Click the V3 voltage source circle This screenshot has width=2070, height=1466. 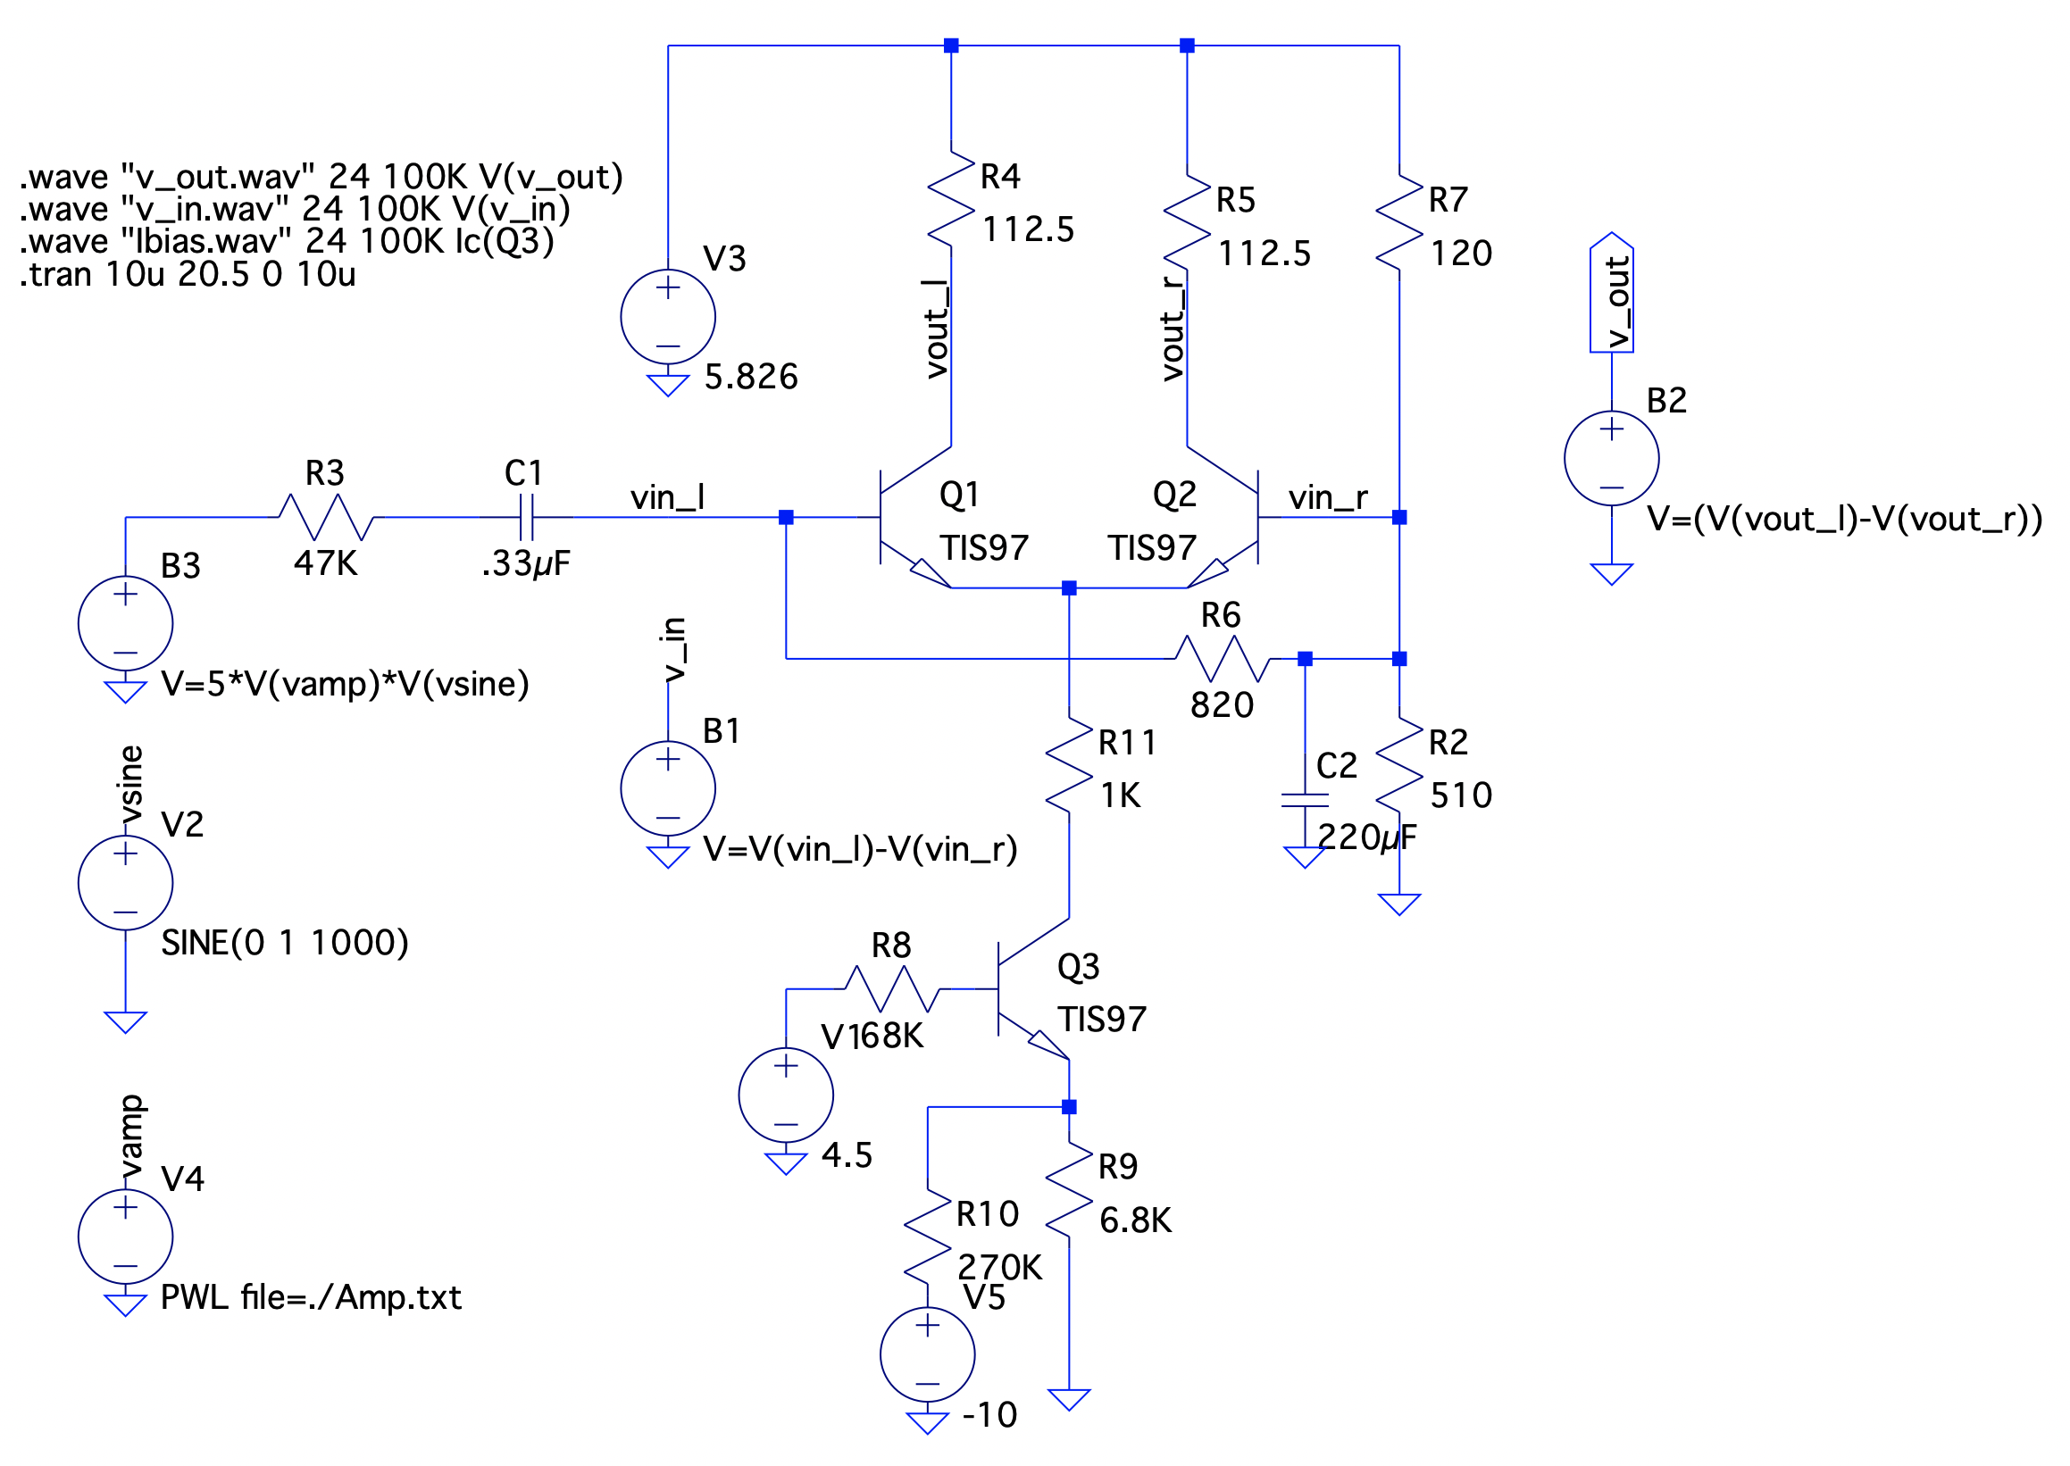(x=667, y=317)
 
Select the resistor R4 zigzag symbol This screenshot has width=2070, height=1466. (x=950, y=198)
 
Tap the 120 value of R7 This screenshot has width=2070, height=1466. (x=1460, y=254)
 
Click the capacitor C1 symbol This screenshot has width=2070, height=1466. (x=526, y=517)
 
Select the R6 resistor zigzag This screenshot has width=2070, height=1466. (x=1221, y=658)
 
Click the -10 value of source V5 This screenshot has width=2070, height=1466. (x=989, y=1414)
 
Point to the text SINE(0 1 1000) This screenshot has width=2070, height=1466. (x=284, y=943)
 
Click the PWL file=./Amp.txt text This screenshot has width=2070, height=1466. (x=311, y=1297)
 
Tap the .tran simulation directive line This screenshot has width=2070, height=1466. (x=187, y=274)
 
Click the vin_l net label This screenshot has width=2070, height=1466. (x=667, y=497)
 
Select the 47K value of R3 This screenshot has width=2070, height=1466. (x=325, y=563)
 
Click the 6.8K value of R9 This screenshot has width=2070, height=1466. (x=1134, y=1220)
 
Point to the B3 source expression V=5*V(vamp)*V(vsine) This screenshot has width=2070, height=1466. (x=345, y=683)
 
